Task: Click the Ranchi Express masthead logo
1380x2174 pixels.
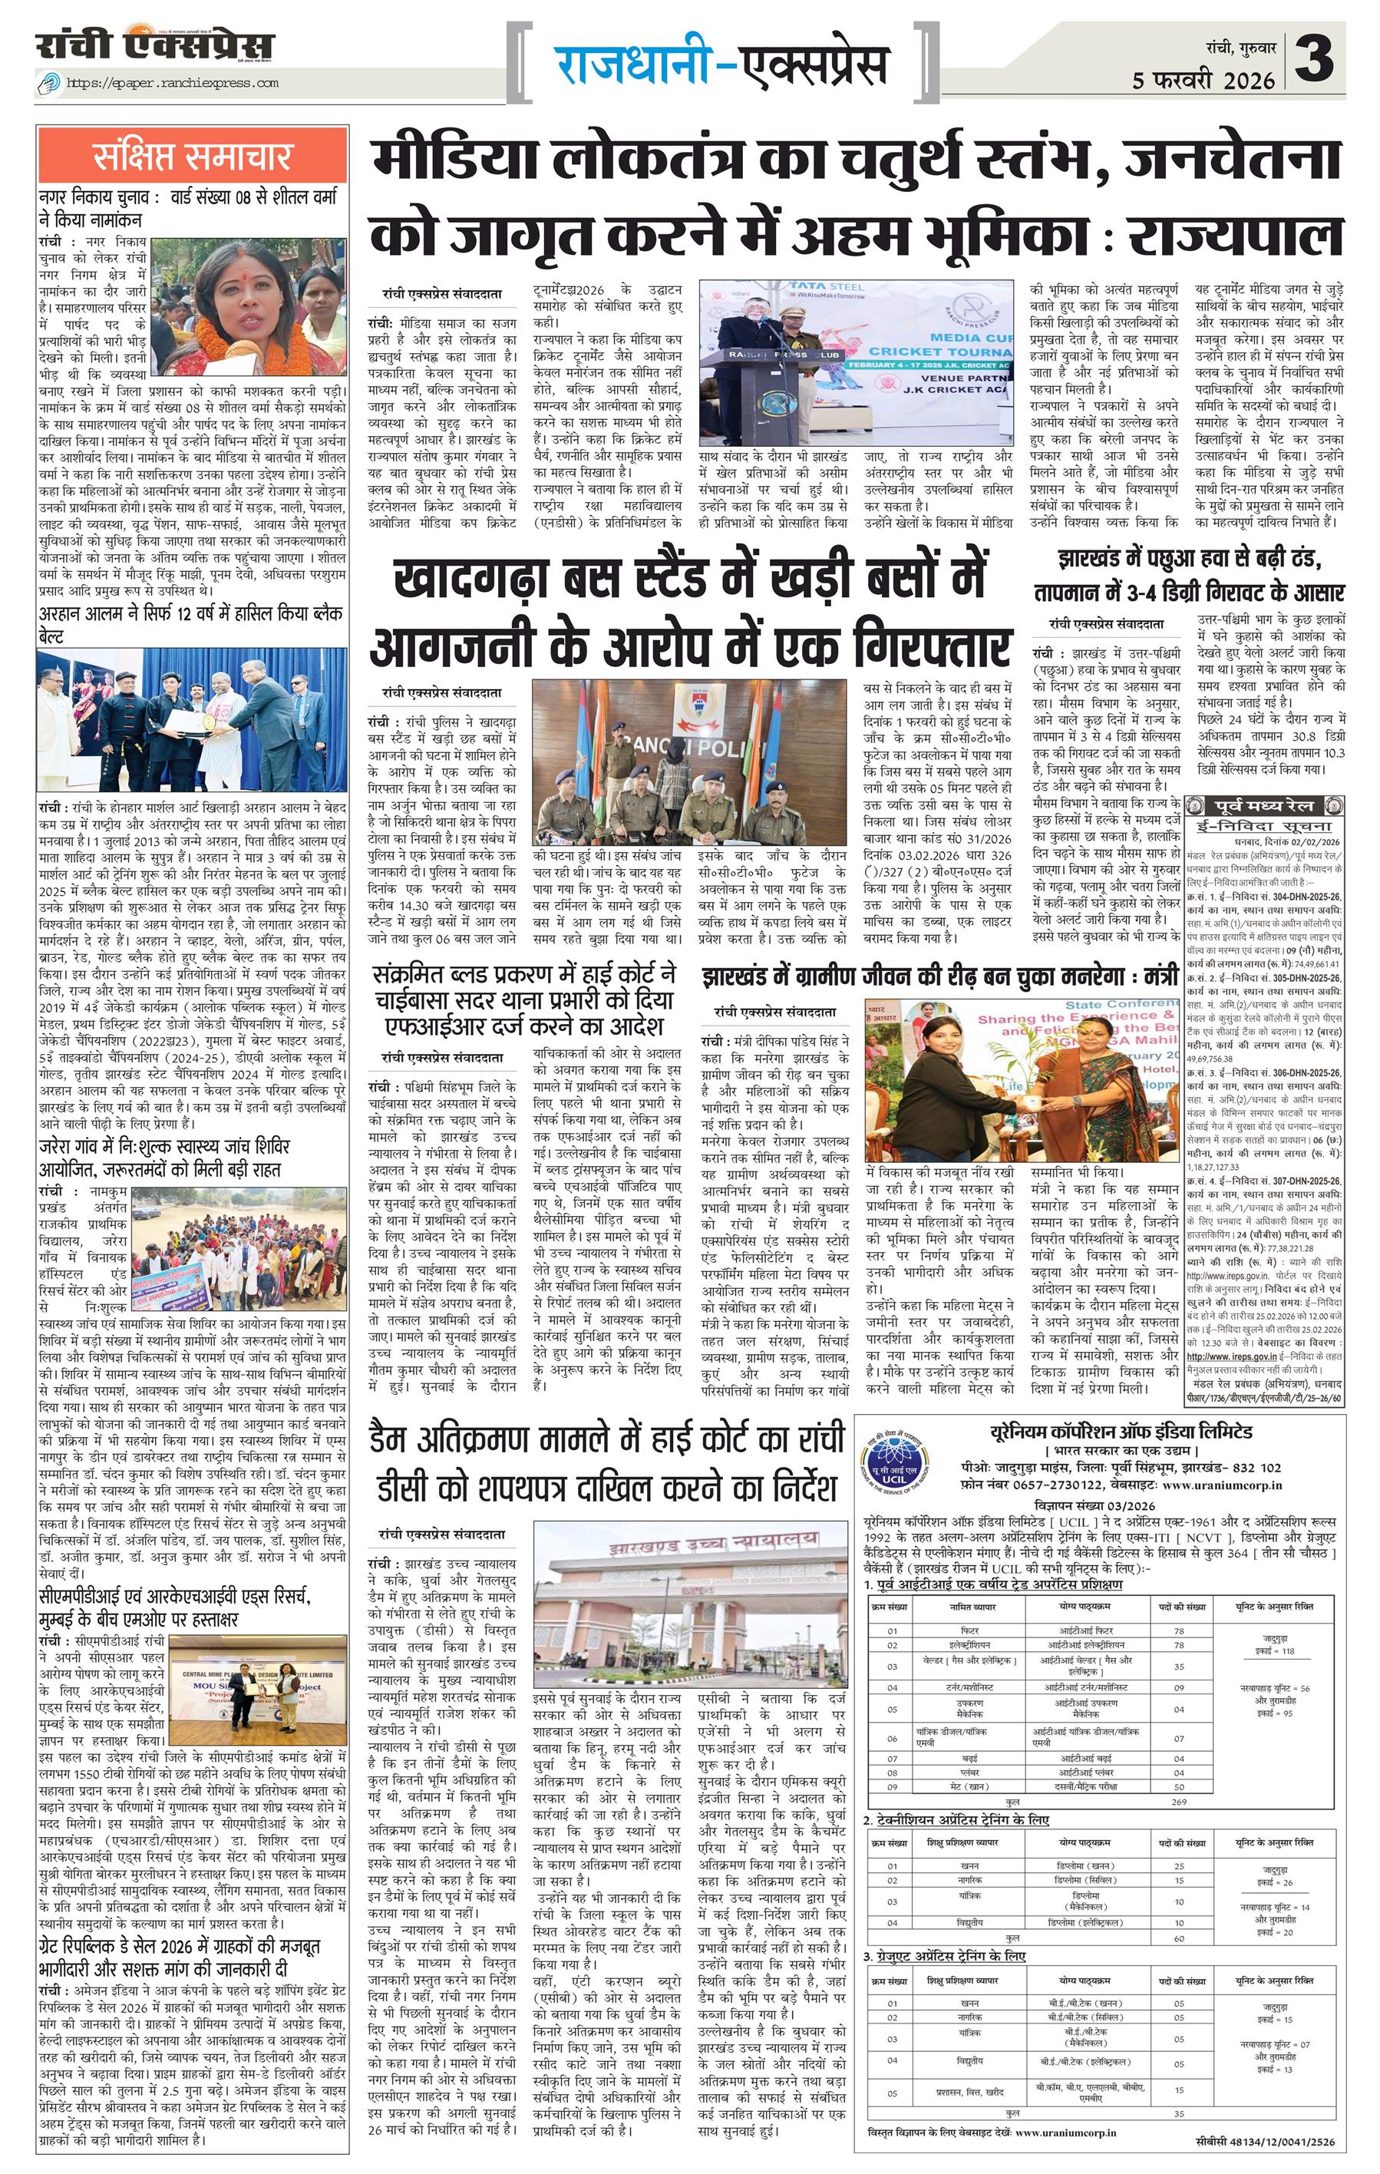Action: coord(155,45)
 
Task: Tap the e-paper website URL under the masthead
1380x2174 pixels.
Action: coord(171,83)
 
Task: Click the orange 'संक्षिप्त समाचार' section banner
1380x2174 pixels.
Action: coord(192,156)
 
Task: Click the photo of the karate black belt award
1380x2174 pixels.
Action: coord(192,718)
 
